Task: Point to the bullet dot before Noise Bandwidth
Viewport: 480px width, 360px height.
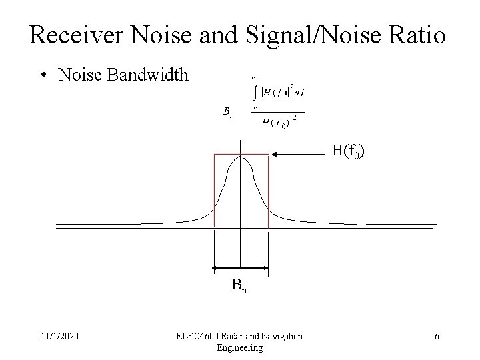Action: pyautogui.click(x=43, y=75)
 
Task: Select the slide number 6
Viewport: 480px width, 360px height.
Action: pyautogui.click(x=437, y=336)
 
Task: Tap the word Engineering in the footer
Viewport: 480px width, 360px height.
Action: pyautogui.click(x=240, y=347)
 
